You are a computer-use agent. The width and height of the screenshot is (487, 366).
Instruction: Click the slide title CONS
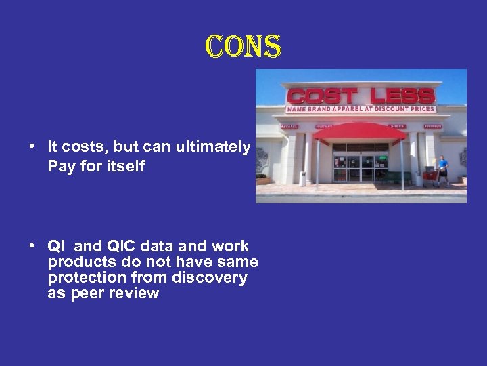click(x=243, y=47)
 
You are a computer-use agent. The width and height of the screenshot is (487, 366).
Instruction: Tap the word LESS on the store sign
click(x=398, y=96)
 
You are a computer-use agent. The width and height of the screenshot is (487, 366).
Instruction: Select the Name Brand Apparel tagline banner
click(x=361, y=108)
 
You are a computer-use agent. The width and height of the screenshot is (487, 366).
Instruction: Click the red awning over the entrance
click(x=358, y=132)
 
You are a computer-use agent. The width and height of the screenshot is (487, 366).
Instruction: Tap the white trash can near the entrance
click(x=302, y=178)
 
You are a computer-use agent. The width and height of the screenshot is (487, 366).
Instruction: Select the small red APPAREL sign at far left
click(x=289, y=126)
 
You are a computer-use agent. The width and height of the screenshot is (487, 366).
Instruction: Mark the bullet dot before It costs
click(x=32, y=147)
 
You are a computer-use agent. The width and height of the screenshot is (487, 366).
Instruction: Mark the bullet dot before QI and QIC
click(x=32, y=246)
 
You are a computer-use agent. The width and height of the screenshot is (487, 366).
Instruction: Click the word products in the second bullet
click(x=78, y=262)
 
